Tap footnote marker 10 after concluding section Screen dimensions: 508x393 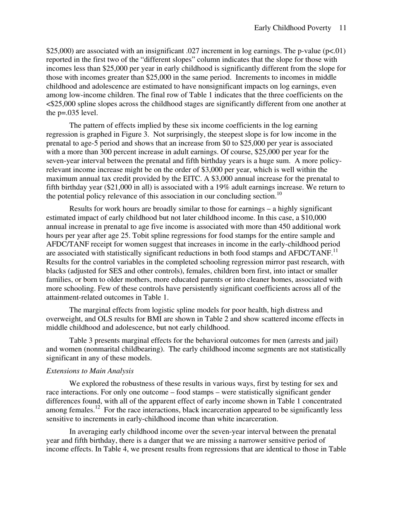click(279, 194)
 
